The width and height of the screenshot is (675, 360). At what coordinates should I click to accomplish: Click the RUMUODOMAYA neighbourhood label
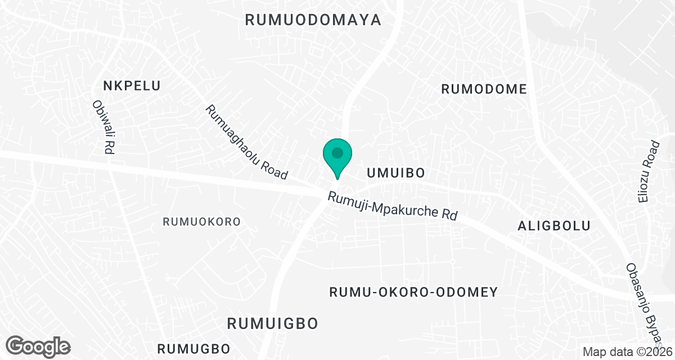pos(313,20)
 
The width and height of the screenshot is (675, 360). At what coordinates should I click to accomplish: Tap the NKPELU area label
pos(132,85)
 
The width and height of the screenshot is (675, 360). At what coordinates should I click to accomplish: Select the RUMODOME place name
pos(484,89)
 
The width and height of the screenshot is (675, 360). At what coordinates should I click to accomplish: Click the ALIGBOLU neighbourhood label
pos(553,226)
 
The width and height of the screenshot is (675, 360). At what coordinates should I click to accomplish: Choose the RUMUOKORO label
pos(201,222)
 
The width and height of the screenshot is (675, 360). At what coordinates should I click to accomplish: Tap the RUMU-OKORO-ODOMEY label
pos(413,292)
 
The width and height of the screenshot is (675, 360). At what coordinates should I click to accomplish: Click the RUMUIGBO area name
pos(273,323)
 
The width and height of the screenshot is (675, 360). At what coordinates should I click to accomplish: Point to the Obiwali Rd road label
pos(102,127)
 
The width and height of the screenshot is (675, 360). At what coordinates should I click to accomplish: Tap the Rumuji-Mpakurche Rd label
pos(393,206)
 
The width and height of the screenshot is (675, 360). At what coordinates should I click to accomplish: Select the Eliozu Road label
pos(652,171)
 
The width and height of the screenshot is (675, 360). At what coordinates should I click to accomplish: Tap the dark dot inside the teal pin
pos(337,152)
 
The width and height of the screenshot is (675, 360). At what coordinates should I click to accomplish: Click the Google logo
pos(38,345)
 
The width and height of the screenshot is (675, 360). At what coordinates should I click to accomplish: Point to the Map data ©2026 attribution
pos(627,352)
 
